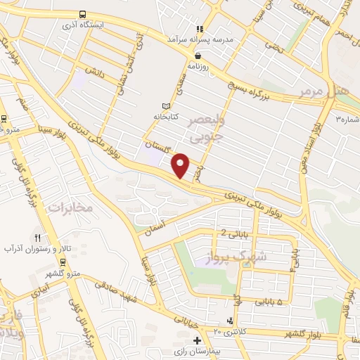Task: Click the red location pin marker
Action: tap(181, 165)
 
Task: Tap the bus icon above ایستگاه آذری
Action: tap(83, 13)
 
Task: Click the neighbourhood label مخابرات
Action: tap(70, 208)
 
